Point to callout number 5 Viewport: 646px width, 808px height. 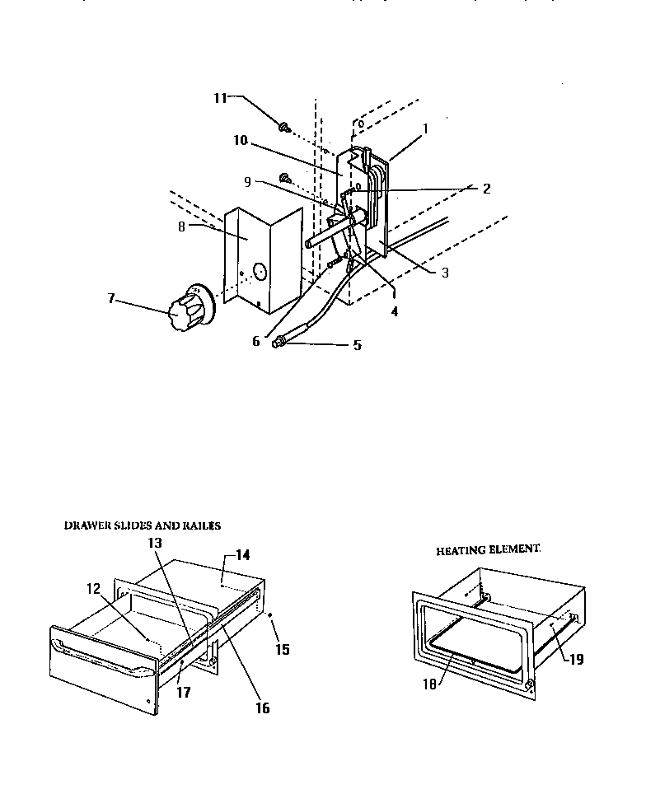(x=357, y=346)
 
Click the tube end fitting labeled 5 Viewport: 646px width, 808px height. (x=280, y=341)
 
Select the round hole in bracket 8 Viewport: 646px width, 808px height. (x=258, y=272)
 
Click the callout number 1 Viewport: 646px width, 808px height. (x=425, y=128)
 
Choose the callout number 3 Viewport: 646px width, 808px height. (x=444, y=273)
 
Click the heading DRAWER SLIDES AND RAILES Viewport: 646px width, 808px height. (x=143, y=524)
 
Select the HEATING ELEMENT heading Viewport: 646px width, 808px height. (x=488, y=549)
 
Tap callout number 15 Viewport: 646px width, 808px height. (x=282, y=649)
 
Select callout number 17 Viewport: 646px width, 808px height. (x=183, y=693)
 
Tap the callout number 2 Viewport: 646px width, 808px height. (x=486, y=189)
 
